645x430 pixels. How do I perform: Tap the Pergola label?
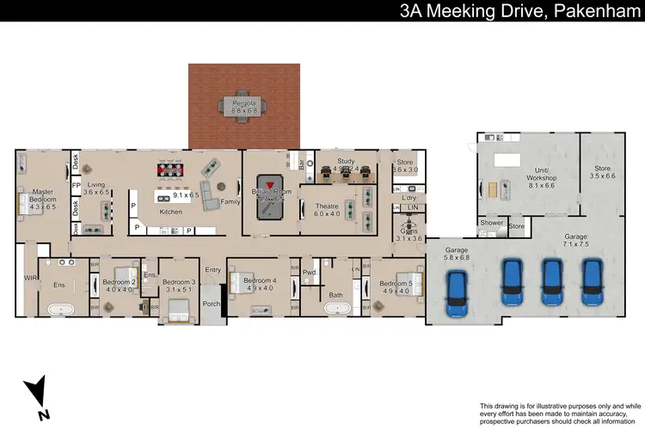coord(244,102)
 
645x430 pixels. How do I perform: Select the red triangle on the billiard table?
coord(272,184)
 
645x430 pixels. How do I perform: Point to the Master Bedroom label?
coord(42,195)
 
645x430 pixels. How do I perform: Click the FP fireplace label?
coord(76,184)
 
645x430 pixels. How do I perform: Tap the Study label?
coord(346,161)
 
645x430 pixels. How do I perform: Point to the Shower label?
coord(492,223)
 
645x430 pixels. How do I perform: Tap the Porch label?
coord(211,303)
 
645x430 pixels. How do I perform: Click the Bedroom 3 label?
coord(179,282)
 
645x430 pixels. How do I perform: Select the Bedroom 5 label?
coord(397,283)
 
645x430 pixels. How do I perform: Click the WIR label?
coord(31,278)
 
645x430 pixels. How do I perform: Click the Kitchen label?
coord(171,211)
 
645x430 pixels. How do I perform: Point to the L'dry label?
coord(409,199)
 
